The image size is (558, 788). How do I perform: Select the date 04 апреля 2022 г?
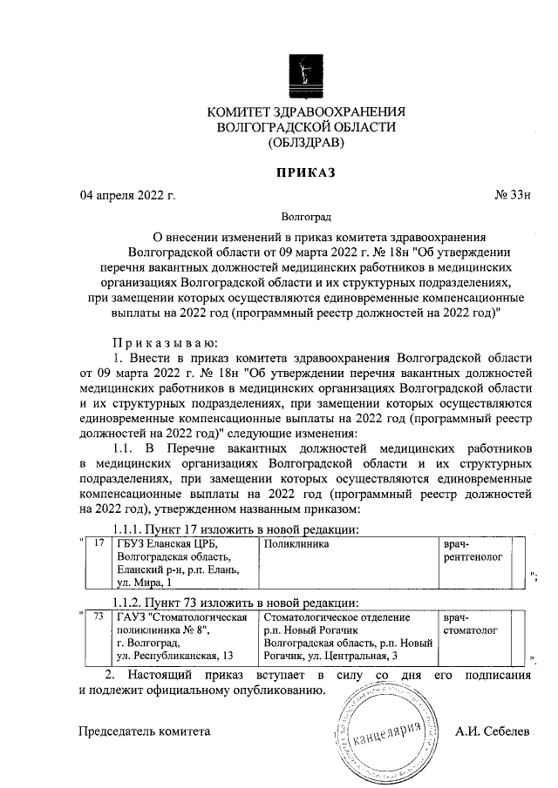[127, 195]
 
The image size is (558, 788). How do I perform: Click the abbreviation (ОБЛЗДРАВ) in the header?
[306, 142]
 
